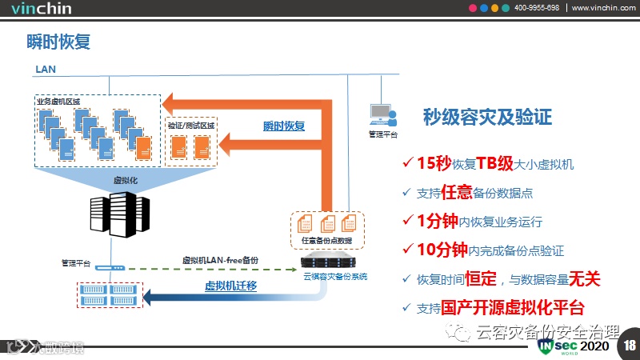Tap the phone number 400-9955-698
point(536,8)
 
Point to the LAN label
point(46,70)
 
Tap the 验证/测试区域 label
point(191,126)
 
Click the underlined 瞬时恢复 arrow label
point(285,126)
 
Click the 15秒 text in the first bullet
point(434,164)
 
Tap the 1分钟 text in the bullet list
point(434,221)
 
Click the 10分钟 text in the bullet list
point(442,250)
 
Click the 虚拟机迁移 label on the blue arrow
point(230,286)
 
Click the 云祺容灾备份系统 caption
point(335,277)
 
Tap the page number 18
point(629,345)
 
